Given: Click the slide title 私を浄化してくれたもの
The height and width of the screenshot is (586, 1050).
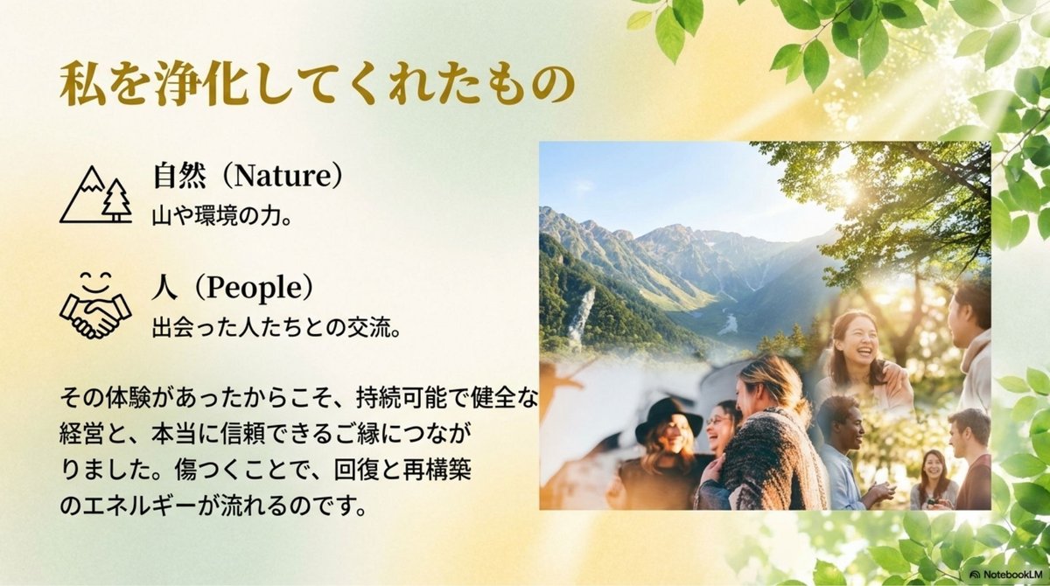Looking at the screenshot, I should pyautogui.click(x=317, y=86).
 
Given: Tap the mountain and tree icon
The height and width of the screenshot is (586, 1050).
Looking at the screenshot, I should pyautogui.click(x=95, y=192).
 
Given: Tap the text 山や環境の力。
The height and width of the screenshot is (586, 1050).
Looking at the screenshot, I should pyautogui.click(x=221, y=216).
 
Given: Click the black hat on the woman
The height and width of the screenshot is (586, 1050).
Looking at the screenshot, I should pyautogui.click(x=668, y=419).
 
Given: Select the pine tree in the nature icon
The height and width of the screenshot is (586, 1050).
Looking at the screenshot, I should pyautogui.click(x=115, y=200).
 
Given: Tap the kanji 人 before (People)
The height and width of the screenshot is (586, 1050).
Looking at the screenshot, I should pyautogui.click(x=164, y=288).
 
